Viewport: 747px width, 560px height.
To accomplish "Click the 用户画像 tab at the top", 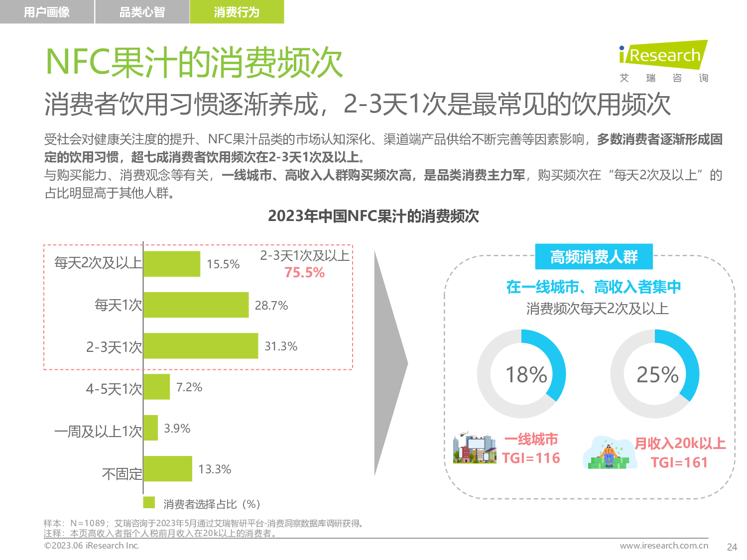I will (x=47, y=12).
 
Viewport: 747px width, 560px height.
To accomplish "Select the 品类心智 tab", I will (x=142, y=12).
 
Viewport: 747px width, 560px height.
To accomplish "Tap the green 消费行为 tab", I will (x=237, y=12).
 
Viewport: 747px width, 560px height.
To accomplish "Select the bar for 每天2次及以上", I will (x=172, y=264).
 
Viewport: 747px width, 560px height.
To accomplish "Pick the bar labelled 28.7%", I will (x=196, y=305).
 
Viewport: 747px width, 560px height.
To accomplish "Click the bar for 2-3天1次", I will (x=201, y=346).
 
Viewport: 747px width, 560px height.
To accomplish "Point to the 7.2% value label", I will (x=189, y=387).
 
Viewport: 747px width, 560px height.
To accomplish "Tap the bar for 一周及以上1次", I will (x=150, y=428).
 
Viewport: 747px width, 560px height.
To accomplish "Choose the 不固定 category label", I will (x=122, y=474).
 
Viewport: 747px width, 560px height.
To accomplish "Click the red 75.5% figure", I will (x=304, y=273).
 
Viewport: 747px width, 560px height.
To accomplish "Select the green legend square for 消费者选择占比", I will (x=149, y=502).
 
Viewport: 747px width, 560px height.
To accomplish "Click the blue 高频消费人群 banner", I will (x=594, y=257).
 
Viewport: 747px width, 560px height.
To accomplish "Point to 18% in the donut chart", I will (x=526, y=374).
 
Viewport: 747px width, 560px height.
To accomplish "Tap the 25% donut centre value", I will (x=657, y=374).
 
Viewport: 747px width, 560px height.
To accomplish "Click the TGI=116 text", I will (x=531, y=458).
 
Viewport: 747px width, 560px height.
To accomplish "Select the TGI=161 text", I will (x=679, y=462).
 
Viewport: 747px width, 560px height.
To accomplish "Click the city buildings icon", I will (x=475, y=448).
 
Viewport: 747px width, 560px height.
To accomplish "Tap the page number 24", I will (x=732, y=547).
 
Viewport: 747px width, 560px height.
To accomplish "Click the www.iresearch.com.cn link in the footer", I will (x=664, y=546).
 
